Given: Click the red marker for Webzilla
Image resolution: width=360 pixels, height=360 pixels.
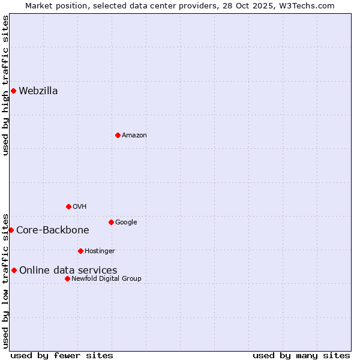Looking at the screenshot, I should tap(13, 91).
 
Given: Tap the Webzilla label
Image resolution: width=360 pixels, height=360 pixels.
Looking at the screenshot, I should tap(38, 91).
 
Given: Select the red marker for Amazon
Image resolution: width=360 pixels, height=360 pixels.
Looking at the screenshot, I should tap(118, 135).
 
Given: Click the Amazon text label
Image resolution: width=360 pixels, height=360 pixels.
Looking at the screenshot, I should tap(134, 136).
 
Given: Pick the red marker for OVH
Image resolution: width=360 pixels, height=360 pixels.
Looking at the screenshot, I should tap(68, 206).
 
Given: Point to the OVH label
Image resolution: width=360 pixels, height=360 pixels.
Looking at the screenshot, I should tap(80, 207).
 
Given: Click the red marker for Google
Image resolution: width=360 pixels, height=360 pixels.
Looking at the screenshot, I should tap(111, 222).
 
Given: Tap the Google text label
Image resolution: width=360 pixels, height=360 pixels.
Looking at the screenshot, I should tap(126, 223).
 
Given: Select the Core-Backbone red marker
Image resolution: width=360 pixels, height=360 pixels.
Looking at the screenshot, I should tap(11, 230).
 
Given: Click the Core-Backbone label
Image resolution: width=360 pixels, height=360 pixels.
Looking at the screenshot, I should tap(53, 230).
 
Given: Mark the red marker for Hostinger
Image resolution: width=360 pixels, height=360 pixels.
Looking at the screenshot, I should tap(80, 251).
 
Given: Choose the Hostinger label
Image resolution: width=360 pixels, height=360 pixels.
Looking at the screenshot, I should tap(100, 251).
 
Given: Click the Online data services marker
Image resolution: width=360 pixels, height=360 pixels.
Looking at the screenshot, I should tap(14, 270).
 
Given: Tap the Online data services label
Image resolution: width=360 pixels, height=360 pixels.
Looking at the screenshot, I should tap(68, 271).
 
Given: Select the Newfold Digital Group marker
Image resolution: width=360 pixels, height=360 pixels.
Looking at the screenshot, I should tap(67, 278).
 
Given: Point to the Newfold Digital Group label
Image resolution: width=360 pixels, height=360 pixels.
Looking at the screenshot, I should tap(107, 279).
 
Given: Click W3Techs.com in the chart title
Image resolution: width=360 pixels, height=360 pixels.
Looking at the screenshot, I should tap(306, 6).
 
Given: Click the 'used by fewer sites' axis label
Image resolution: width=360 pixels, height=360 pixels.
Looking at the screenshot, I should tap(62, 355).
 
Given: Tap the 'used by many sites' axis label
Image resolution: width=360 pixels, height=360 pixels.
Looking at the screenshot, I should tap(301, 355).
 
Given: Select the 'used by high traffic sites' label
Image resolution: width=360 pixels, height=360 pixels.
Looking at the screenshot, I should tap(6, 85).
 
